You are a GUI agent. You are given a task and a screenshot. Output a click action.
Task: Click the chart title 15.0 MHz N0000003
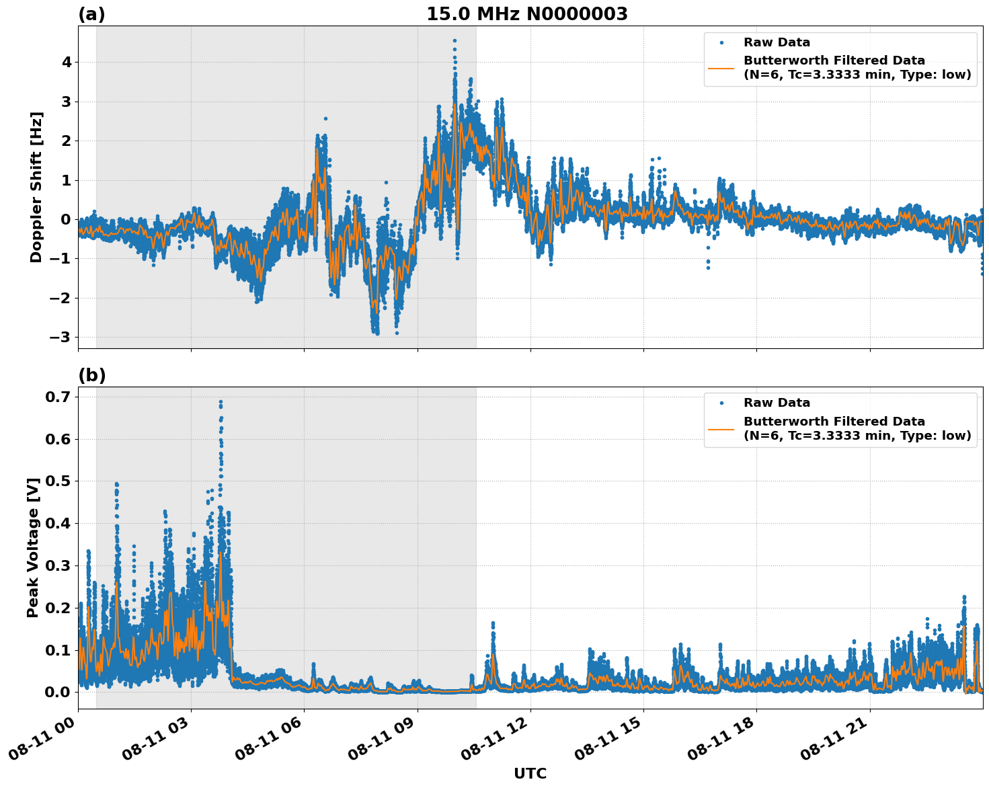[x=526, y=14]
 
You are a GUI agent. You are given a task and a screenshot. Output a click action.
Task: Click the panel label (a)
[x=91, y=14]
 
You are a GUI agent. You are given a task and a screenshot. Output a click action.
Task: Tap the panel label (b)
[x=92, y=375]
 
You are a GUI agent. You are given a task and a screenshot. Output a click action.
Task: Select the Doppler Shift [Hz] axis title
[x=36, y=187]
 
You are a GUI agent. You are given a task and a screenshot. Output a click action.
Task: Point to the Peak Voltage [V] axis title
[x=33, y=547]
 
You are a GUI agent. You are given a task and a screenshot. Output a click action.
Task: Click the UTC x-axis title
[x=530, y=774]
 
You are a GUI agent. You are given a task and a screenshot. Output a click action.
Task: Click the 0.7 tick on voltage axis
[x=59, y=397]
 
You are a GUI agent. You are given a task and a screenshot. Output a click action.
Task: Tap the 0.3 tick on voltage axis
[x=59, y=565]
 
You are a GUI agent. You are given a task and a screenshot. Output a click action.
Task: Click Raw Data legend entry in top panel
[x=777, y=42]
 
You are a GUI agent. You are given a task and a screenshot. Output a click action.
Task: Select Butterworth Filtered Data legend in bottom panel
[x=834, y=428]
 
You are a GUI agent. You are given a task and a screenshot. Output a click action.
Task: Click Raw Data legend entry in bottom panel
[x=777, y=403]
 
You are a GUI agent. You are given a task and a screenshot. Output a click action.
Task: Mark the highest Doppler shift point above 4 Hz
[x=454, y=41]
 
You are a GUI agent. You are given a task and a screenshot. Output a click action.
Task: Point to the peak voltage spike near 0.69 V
[x=221, y=402]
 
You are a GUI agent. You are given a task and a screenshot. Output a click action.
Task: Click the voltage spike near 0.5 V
[x=116, y=484]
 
